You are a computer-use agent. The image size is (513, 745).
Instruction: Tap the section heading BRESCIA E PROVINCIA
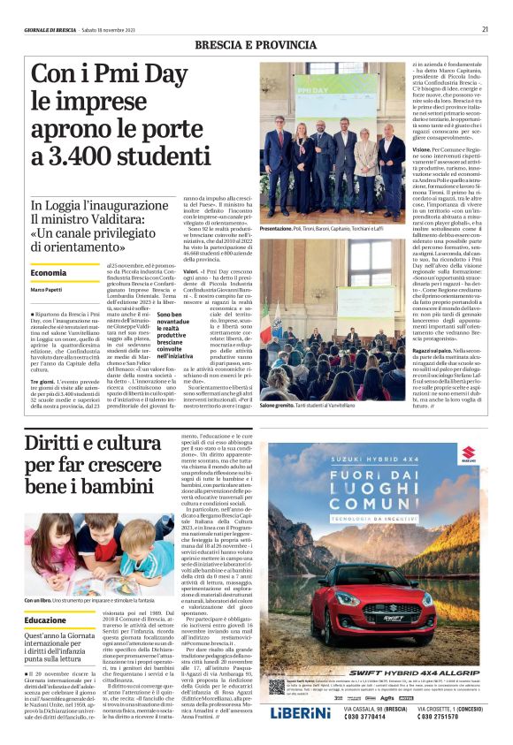[256, 43]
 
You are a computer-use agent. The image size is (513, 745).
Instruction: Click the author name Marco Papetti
[46, 290]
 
